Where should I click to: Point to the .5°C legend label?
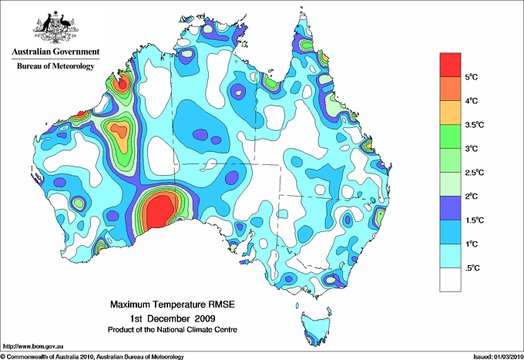click(x=472, y=267)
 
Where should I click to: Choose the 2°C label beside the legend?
click(x=472, y=197)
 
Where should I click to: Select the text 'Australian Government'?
click(x=55, y=52)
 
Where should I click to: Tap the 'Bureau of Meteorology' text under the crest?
click(x=55, y=66)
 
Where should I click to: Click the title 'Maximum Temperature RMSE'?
click(x=172, y=304)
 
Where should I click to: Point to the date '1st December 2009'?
click(x=172, y=318)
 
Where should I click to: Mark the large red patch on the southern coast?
click(x=160, y=209)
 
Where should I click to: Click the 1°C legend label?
click(x=472, y=244)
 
